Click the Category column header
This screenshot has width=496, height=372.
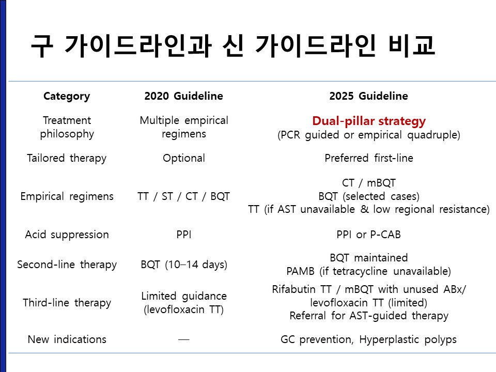67,96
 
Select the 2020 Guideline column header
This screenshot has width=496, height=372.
183,96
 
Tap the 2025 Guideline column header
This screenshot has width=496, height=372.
368,96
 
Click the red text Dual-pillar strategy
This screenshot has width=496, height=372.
369,121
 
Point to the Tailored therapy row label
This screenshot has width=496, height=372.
67,158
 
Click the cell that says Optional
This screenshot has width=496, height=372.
184,158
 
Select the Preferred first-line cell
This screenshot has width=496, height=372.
369,158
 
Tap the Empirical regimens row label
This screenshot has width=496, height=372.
67,196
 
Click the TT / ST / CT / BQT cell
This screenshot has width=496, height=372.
183,196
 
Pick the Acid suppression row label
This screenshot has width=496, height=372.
67,235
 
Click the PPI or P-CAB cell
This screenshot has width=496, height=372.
368,235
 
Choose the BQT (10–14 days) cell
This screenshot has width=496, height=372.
184,265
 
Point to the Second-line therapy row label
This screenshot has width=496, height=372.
67,265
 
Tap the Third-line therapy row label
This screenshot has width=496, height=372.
67,303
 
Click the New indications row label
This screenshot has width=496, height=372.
67,339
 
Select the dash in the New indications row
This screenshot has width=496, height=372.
184,340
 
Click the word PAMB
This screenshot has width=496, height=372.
300,271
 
